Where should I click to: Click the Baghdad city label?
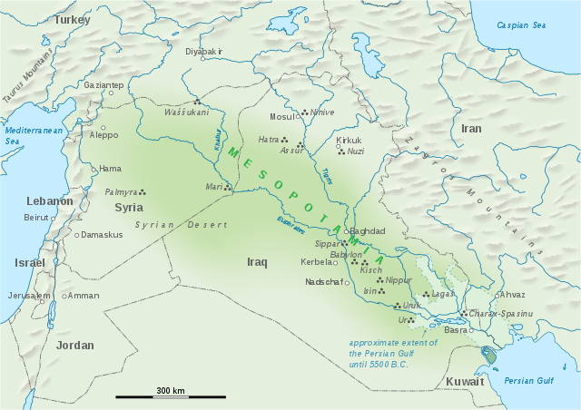(x=368, y=231)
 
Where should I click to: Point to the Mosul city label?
(x=283, y=117)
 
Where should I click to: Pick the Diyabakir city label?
(x=203, y=52)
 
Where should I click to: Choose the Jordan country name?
(x=74, y=346)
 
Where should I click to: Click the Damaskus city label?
(x=102, y=235)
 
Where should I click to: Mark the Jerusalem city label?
(x=30, y=296)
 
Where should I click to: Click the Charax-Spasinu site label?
(x=501, y=313)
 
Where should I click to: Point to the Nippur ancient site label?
(x=398, y=280)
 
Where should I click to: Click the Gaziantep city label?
(x=103, y=85)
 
